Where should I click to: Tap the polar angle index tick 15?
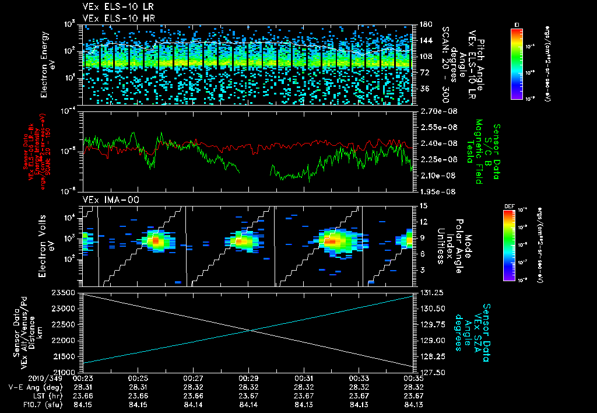pos(422,205)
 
